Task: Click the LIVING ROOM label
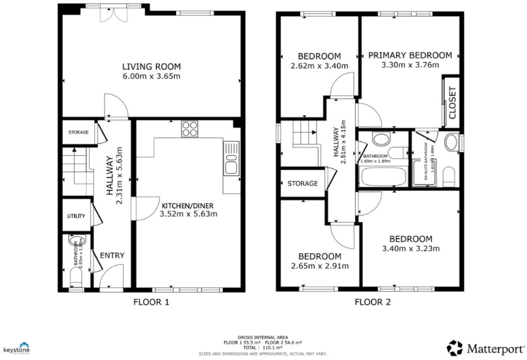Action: click(x=151, y=66)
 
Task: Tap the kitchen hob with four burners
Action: click(x=190, y=129)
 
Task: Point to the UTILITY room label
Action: click(x=76, y=216)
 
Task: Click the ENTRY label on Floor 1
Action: click(x=112, y=255)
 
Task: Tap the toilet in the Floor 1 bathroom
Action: click(x=76, y=277)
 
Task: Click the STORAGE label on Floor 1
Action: click(x=78, y=132)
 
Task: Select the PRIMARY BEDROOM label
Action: click(x=410, y=55)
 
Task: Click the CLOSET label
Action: click(x=452, y=103)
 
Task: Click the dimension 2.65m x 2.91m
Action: click(x=319, y=266)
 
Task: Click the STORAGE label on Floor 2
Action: click(x=302, y=184)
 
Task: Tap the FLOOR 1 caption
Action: click(x=151, y=302)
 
